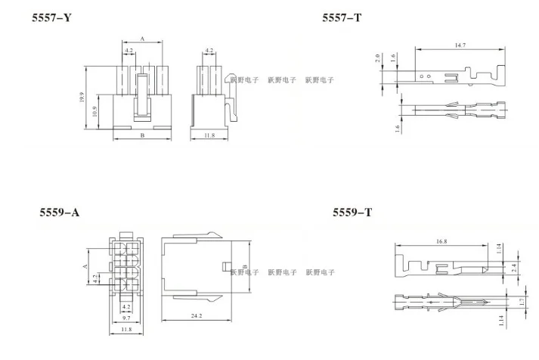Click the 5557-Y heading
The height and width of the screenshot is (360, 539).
click(x=51, y=17)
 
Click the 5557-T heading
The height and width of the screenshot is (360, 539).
click(x=342, y=17)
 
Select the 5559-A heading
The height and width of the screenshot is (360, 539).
click(x=60, y=213)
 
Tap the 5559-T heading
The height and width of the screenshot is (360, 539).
click(x=352, y=213)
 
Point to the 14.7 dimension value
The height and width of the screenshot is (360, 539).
click(x=460, y=45)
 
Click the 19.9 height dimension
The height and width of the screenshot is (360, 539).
click(x=82, y=97)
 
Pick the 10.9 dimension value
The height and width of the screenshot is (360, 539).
click(x=95, y=111)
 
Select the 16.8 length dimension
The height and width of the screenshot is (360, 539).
click(x=441, y=241)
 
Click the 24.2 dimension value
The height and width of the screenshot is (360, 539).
click(x=197, y=315)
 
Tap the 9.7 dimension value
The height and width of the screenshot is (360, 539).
click(x=126, y=318)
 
